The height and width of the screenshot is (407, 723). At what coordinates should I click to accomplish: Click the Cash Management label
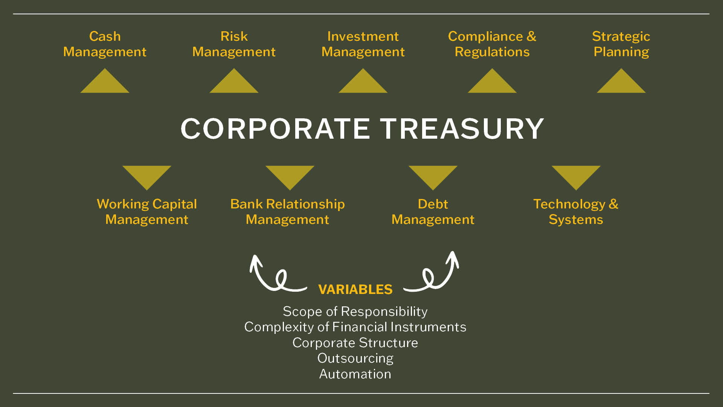click(105, 44)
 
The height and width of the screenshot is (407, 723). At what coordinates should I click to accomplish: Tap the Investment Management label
click(363, 44)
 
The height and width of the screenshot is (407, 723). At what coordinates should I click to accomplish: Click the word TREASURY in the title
click(462, 129)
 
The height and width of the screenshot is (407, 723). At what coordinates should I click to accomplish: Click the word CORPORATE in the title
click(275, 129)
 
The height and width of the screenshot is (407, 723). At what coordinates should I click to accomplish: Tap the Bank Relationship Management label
click(288, 211)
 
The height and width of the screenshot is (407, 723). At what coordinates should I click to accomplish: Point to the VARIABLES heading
click(355, 289)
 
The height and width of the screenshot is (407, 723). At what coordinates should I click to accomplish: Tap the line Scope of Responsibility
click(355, 312)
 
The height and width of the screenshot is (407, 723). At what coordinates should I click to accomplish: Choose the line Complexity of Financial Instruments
click(355, 327)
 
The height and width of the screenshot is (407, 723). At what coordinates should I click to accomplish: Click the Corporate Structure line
click(355, 343)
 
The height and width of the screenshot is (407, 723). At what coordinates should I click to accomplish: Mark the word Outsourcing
click(355, 358)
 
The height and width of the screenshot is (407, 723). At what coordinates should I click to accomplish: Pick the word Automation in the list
click(355, 374)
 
